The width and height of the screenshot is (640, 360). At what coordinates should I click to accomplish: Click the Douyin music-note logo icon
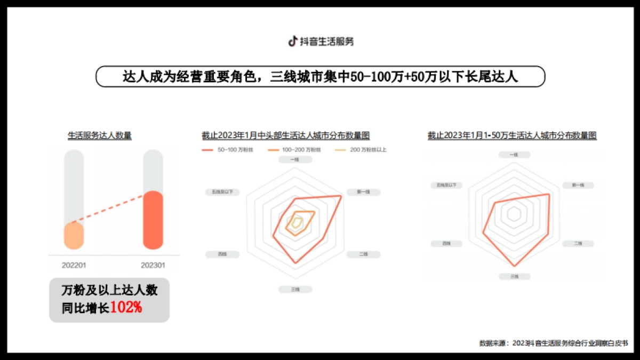coord(292,41)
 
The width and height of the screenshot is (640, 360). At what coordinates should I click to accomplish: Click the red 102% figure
coord(126,308)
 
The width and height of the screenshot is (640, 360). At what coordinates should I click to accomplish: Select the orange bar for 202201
coord(74,236)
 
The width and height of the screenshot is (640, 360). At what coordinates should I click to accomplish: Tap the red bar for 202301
coord(153,220)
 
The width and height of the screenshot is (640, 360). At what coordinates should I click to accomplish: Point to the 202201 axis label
coord(74,265)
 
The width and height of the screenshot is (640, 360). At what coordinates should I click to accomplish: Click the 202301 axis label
coord(153,265)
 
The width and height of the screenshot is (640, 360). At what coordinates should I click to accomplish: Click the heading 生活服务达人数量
coord(100,135)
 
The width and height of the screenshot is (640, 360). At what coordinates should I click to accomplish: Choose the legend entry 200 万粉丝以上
coord(361,150)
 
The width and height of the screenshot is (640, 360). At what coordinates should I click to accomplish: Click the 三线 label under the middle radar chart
coord(295,289)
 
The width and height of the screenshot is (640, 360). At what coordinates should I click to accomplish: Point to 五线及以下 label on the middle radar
coord(222,191)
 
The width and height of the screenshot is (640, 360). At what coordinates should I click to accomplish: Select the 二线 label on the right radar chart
coord(578,244)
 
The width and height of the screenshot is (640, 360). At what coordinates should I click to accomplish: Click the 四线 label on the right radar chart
coord(446,244)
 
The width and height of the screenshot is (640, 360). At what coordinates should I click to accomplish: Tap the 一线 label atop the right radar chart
coord(514,155)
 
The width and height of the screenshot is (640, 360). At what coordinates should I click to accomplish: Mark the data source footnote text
coord(553,343)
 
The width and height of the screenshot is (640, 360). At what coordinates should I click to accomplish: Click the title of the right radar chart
coord(512,135)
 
